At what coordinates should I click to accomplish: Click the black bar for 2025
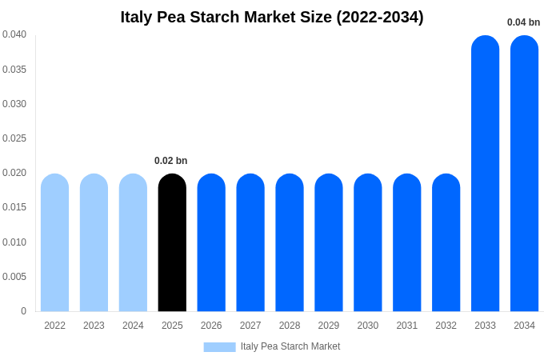[x=172, y=242]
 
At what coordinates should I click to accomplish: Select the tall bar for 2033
[x=485, y=174]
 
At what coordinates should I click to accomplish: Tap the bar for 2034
[x=524, y=174]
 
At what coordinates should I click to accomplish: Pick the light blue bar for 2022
[x=54, y=242]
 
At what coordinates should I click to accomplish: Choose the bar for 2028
[x=290, y=242]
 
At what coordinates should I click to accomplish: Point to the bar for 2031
[x=406, y=242]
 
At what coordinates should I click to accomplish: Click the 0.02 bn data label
[x=171, y=161]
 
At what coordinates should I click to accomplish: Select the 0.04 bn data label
[x=523, y=22]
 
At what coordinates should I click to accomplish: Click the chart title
[x=272, y=17]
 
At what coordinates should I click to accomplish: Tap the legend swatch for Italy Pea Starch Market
[x=219, y=347]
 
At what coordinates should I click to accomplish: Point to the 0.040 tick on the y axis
[x=14, y=34]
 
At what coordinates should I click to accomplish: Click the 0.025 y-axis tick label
[x=14, y=138]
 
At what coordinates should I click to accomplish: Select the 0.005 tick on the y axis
[x=14, y=277]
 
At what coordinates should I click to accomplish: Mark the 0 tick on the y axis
[x=23, y=311]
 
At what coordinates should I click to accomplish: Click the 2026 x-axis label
[x=211, y=326]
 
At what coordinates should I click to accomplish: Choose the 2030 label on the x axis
[x=368, y=326]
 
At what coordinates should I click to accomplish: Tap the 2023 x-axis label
[x=94, y=326]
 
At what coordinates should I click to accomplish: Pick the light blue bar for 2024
[x=133, y=242]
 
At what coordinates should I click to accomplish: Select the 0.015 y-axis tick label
[x=14, y=207]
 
